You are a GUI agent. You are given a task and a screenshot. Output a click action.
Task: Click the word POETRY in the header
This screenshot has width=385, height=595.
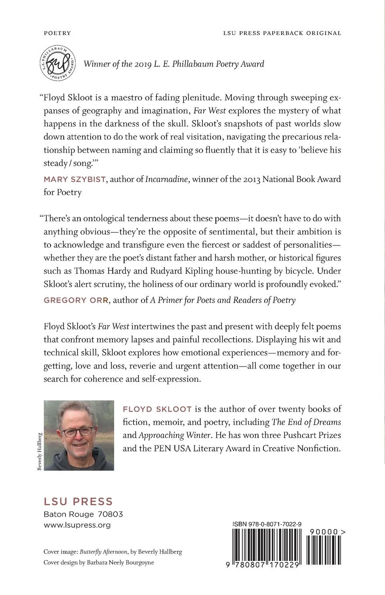pos(57,33)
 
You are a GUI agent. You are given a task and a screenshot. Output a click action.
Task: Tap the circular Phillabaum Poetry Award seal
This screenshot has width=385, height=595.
pos(58,63)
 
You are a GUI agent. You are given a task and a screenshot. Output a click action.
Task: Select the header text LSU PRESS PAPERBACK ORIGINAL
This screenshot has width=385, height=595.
pos(282,33)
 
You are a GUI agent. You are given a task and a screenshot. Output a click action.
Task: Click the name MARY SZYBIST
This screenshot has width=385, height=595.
pos(74,179)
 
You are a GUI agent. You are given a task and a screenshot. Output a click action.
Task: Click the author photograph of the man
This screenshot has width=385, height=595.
pos(79,435)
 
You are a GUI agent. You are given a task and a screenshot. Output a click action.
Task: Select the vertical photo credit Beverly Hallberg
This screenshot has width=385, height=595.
pos(39,451)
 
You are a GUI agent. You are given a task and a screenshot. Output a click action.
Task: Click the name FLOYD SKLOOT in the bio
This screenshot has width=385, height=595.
pos(157,409)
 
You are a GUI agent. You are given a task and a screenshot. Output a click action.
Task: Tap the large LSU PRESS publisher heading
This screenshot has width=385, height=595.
pos(78,501)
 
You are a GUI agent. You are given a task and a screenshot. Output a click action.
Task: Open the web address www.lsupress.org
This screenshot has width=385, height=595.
pos(77,525)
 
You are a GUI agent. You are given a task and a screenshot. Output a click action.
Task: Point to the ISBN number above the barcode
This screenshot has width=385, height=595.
pos(267,524)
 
